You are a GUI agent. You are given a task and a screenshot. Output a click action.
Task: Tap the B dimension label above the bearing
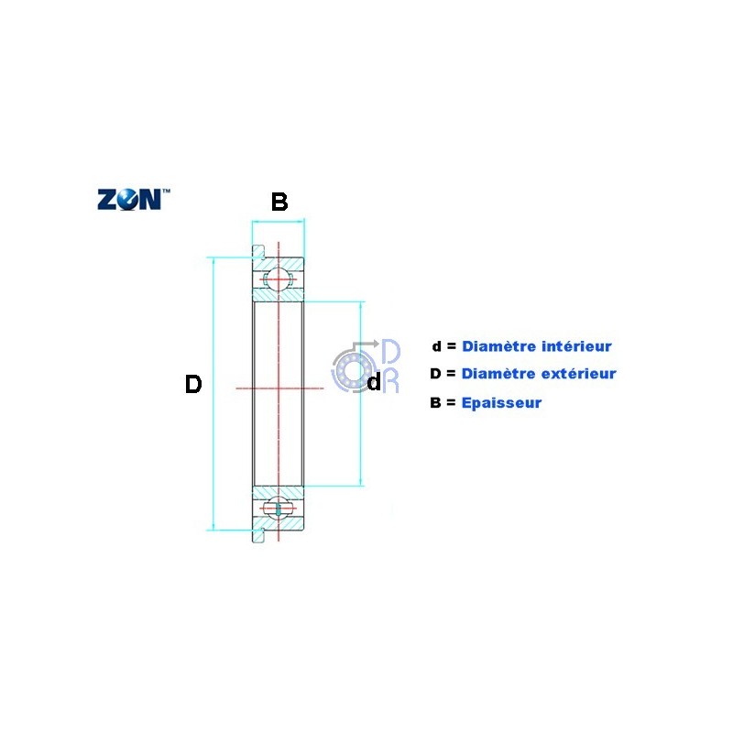tap(279, 202)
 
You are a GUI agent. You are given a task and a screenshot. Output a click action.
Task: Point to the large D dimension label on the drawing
tap(192, 385)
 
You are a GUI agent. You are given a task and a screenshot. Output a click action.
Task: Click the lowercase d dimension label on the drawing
tap(373, 383)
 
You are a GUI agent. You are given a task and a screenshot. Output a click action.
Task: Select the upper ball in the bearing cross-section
tap(278, 279)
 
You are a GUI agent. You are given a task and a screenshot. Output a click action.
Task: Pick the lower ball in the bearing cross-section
tap(278, 508)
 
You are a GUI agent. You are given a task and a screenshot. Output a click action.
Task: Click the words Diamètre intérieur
tap(536, 346)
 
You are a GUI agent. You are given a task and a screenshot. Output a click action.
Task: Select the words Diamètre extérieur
tap(539, 374)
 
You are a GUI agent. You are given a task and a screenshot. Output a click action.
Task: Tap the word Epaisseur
tap(501, 402)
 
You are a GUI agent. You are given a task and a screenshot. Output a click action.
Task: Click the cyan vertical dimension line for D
tap(213, 440)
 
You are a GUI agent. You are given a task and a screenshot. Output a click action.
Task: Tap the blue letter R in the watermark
tap(390, 381)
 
